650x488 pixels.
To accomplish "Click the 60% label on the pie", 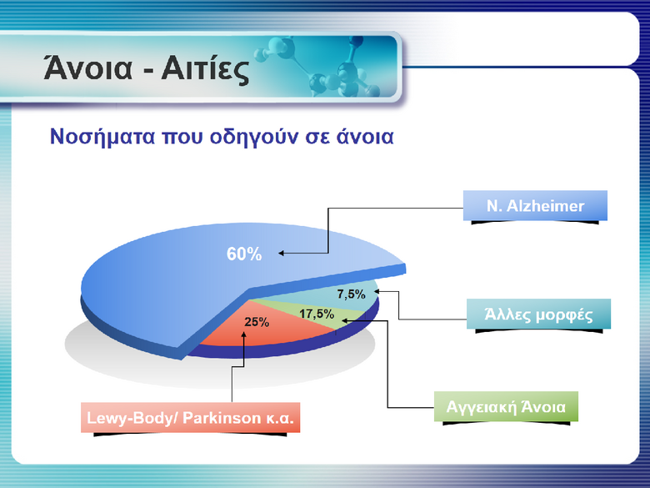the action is tap(243, 254).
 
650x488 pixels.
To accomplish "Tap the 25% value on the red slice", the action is tap(257, 322).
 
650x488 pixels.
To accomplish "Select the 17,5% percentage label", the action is tap(317, 314).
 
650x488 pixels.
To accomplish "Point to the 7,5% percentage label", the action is tap(351, 294).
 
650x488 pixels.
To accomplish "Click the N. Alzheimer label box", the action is tap(535, 205).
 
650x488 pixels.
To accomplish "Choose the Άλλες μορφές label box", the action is tap(538, 314).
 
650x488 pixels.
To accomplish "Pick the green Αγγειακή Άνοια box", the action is tap(506, 407).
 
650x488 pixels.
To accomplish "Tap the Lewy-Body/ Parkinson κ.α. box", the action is tap(190, 417).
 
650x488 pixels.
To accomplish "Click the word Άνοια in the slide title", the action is tap(87, 68).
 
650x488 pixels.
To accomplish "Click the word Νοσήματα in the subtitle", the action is tap(102, 136).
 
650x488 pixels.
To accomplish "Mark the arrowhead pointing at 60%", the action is tap(281, 253).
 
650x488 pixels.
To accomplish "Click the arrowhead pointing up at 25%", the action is tap(243, 335).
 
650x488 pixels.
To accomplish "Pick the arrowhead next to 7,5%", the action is tap(376, 291).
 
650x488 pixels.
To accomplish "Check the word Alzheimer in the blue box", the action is tap(546, 206).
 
